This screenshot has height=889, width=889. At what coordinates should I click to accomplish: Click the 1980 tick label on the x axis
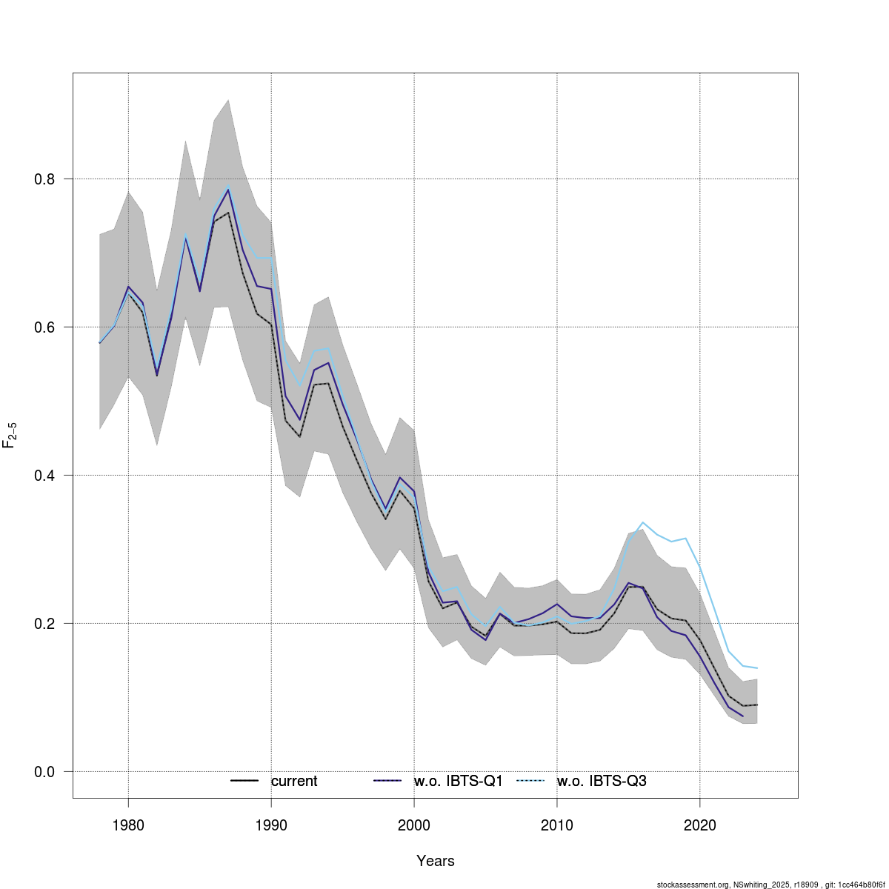tap(128, 825)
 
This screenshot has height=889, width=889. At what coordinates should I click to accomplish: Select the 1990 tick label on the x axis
tap(271, 825)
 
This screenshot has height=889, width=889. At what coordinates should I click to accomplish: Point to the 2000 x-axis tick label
tap(413, 825)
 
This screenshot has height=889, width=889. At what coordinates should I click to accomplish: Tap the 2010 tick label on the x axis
tap(556, 825)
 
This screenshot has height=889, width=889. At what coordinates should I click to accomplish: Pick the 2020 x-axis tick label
tap(699, 825)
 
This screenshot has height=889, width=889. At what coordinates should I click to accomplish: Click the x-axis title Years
tap(436, 861)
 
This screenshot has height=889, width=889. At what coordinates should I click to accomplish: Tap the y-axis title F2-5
tap(10, 436)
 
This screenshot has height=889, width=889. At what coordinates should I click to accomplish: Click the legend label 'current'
tap(294, 781)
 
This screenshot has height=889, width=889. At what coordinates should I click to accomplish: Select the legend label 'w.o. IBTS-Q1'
tap(459, 781)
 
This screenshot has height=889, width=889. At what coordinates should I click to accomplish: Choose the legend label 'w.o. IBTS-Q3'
tap(602, 781)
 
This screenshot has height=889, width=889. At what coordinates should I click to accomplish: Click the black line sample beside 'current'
tap(244, 781)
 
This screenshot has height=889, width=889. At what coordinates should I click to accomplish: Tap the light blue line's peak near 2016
tap(642, 523)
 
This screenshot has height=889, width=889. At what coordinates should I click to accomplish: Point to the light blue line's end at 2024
tap(756, 668)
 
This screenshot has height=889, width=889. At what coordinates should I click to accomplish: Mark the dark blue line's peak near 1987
tap(228, 189)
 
